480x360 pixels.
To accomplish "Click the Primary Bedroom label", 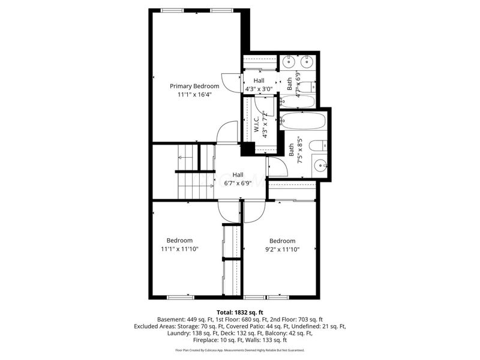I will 194,86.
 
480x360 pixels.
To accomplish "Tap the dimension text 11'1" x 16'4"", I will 194,94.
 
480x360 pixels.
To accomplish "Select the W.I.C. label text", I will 256,125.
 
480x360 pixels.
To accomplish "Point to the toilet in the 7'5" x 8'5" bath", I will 322,145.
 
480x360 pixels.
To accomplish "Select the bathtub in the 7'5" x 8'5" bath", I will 303,121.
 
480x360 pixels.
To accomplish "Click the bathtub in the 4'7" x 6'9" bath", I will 297,100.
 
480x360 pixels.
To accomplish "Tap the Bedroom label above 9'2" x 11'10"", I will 282,241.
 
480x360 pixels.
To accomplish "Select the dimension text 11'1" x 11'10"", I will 179,249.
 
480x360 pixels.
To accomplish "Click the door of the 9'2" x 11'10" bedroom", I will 254,211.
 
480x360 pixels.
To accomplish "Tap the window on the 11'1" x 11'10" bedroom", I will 180,297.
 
